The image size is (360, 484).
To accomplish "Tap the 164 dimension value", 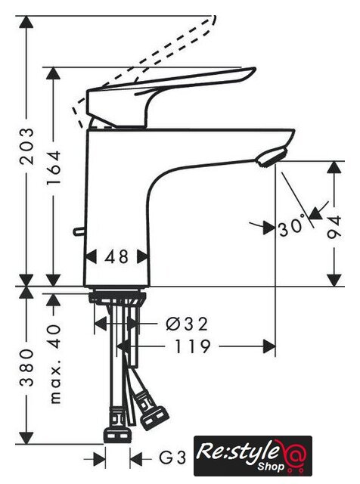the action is click(x=54, y=168).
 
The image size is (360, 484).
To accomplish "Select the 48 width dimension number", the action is click(x=116, y=257).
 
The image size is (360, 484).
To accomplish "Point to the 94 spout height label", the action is click(x=334, y=226).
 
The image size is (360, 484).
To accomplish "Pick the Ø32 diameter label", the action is click(x=187, y=324).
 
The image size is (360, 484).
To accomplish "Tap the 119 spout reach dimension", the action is click(x=192, y=346).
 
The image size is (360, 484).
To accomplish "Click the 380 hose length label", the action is click(x=26, y=368).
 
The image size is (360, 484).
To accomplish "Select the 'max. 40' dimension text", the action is click(x=55, y=364).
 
